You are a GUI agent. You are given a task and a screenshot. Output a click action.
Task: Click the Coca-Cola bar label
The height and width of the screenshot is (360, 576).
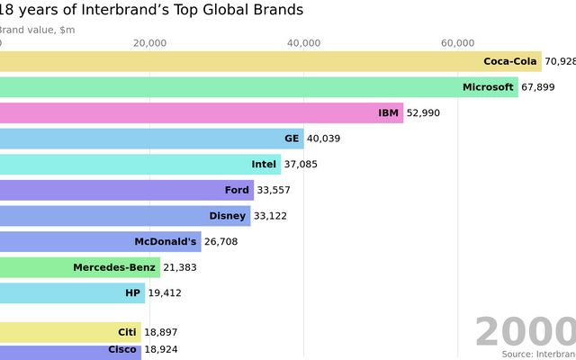[x=509, y=61]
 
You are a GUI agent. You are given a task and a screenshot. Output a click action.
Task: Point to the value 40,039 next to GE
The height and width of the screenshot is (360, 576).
[x=324, y=139]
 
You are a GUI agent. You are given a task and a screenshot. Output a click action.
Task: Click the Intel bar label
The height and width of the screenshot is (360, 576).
[x=264, y=165]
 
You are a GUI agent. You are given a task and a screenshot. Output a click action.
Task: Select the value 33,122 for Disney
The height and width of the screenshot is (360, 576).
[x=271, y=216]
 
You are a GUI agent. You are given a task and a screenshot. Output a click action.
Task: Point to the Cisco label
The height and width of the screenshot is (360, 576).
[x=122, y=349]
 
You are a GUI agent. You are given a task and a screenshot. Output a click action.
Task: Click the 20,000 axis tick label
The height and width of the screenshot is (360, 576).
[x=149, y=43]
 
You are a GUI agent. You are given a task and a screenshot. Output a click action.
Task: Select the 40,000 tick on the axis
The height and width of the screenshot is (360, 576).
[x=304, y=43]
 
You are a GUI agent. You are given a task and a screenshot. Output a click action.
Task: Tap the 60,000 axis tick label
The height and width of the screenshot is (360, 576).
[x=458, y=43]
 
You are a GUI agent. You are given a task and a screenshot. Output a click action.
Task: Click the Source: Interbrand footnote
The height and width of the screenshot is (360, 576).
[x=538, y=354]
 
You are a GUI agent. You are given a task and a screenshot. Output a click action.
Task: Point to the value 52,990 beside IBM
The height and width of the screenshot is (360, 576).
[x=424, y=113]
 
